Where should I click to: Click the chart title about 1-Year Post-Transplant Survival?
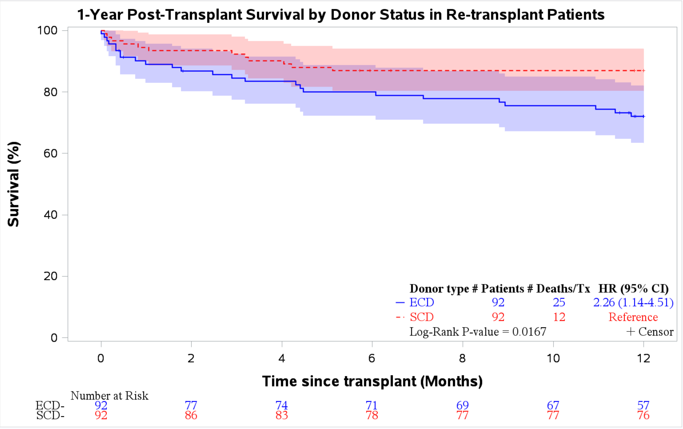(x=341, y=15)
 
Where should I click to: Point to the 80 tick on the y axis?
(x=50, y=92)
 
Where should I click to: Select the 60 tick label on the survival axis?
(x=50, y=153)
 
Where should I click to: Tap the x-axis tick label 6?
(x=372, y=359)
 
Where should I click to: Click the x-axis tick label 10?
(x=553, y=359)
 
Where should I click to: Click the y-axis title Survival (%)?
(x=14, y=184)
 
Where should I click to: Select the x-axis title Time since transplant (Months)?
(x=372, y=381)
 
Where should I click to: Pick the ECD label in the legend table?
(x=422, y=302)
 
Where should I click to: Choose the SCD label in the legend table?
(x=422, y=317)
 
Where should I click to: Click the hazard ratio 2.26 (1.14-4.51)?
(x=633, y=302)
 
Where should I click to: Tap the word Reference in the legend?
(x=633, y=317)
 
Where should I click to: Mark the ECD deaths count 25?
(x=559, y=302)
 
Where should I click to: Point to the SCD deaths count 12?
(x=559, y=317)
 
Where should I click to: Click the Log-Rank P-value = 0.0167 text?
(x=478, y=332)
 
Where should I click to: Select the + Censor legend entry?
(x=650, y=332)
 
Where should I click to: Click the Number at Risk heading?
(x=109, y=396)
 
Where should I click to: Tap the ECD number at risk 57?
(x=643, y=405)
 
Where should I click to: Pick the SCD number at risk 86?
(x=191, y=415)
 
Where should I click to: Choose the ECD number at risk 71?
(x=372, y=405)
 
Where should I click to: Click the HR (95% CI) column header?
(x=634, y=289)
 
